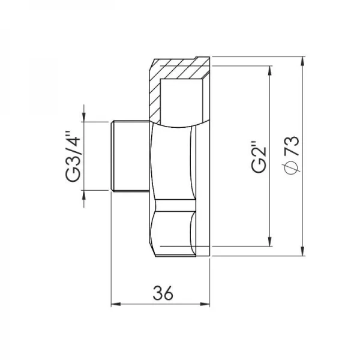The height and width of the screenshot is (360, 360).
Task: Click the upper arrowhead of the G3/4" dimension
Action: click(85, 118)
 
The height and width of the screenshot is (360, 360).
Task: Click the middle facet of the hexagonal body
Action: click(174, 162)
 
